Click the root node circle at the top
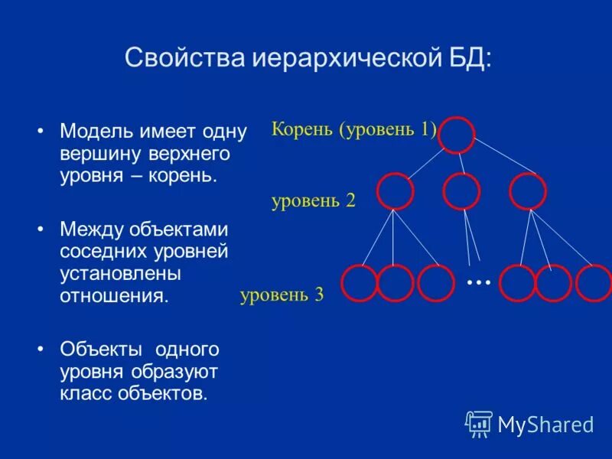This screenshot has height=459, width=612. [x=457, y=135]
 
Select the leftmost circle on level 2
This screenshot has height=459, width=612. [x=396, y=191]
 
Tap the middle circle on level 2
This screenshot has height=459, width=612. [x=461, y=191]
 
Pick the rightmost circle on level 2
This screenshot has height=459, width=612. [x=528, y=191]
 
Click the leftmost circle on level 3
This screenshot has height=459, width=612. [x=360, y=283]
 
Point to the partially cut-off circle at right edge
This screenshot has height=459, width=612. [x=595, y=283]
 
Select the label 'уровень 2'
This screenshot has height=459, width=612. [x=313, y=202]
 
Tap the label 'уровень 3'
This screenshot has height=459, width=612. [x=282, y=295]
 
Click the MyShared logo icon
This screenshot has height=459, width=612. [x=479, y=423]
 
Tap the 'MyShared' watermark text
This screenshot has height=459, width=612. [x=545, y=424]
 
